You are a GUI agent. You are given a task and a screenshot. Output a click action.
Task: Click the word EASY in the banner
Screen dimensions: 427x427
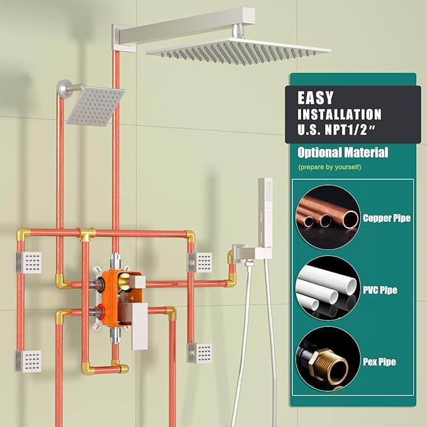(x=316, y=98)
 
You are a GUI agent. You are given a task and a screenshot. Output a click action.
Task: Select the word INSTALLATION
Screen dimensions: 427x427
(x=340, y=115)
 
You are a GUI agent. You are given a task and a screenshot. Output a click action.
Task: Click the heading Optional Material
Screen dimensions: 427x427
(x=343, y=152)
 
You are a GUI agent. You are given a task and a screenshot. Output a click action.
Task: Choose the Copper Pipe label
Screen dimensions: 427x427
(x=387, y=218)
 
